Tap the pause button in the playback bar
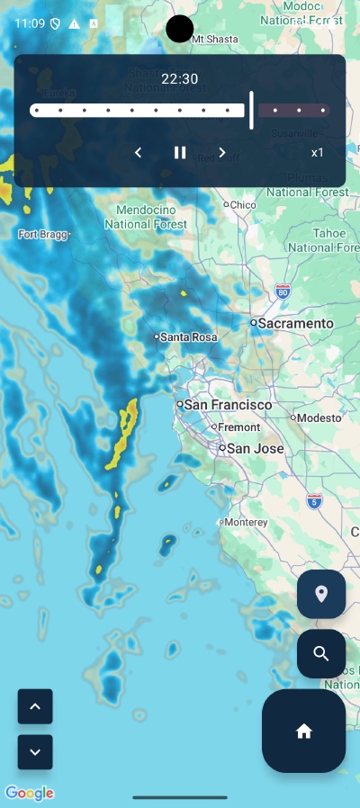[x=180, y=153]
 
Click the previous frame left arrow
[x=138, y=153]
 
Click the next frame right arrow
[x=222, y=153]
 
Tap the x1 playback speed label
[x=318, y=153]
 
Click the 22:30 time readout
[x=180, y=79]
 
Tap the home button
[x=303, y=731]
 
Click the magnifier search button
[x=321, y=653]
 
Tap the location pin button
[x=321, y=594]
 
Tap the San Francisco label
[x=227, y=405]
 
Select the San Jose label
[x=255, y=448]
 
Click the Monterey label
[x=247, y=522]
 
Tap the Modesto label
[x=319, y=417]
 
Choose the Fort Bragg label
[x=41, y=234]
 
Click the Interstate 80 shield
[x=283, y=292]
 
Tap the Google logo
[x=30, y=793]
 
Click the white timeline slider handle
[x=251, y=111]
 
